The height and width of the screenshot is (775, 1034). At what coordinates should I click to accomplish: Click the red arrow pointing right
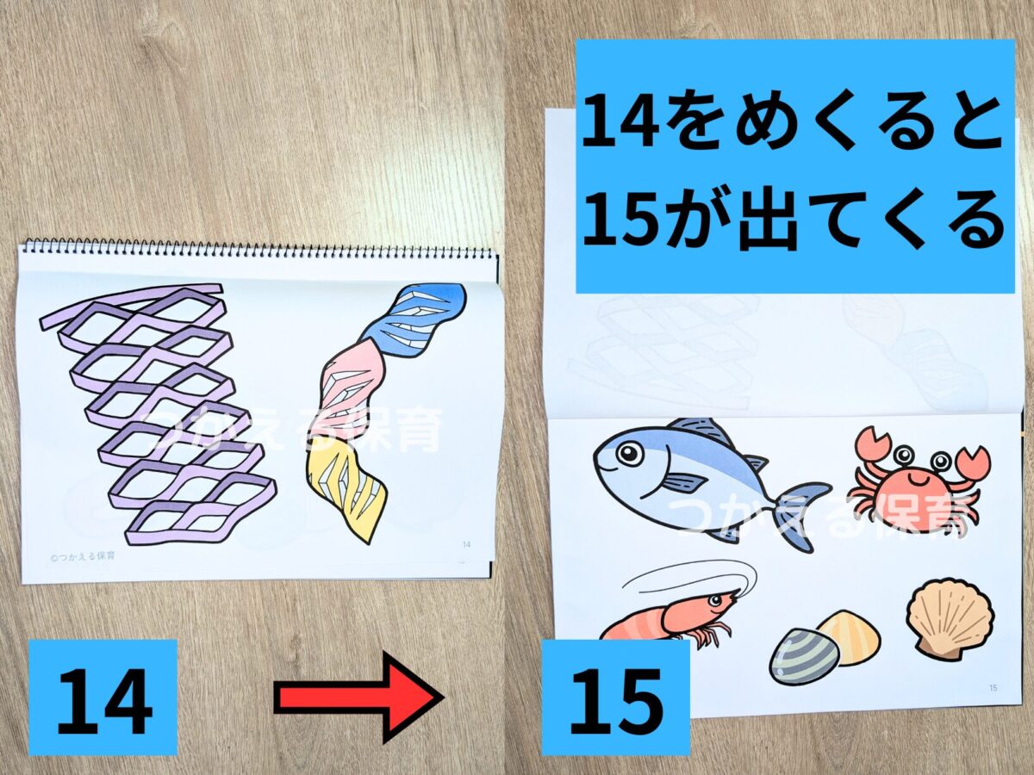pos(358,696)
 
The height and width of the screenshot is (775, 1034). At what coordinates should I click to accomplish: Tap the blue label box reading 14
pos(103,696)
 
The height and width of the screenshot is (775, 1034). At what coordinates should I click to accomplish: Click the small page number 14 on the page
pos(466,544)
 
